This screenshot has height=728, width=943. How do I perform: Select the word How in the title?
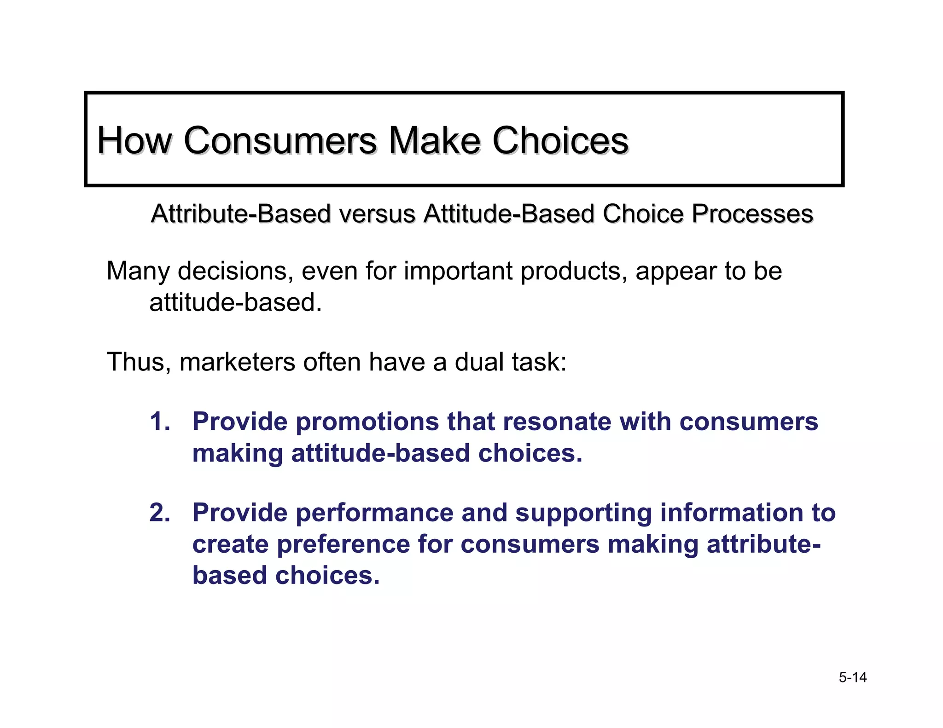pyautogui.click(x=134, y=140)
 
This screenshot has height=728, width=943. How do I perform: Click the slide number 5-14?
pyautogui.click(x=852, y=677)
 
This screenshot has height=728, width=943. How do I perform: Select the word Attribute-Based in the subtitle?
pyautogui.click(x=241, y=214)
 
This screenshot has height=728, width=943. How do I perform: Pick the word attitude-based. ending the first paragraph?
pyautogui.click(x=235, y=303)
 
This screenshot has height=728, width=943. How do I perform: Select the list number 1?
pyautogui.click(x=160, y=422)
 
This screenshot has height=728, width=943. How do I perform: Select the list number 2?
pyautogui.click(x=160, y=513)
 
